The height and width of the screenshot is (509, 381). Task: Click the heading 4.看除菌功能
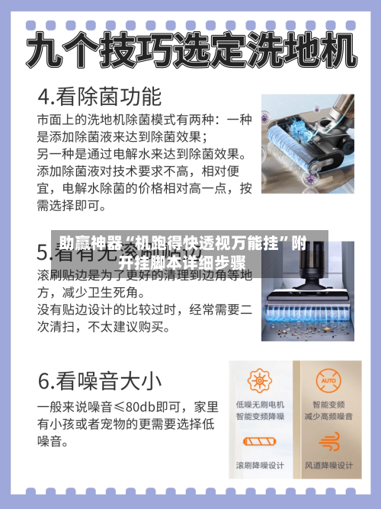[100, 98]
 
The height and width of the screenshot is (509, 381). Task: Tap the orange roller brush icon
[260, 441]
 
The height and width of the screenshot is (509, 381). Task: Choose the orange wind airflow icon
[328, 441]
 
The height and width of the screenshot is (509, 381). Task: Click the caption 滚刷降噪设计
[260, 466]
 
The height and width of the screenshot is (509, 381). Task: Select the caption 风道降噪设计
[328, 466]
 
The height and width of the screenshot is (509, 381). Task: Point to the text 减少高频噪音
[328, 417]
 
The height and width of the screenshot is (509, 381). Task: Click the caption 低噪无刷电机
[260, 404]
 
